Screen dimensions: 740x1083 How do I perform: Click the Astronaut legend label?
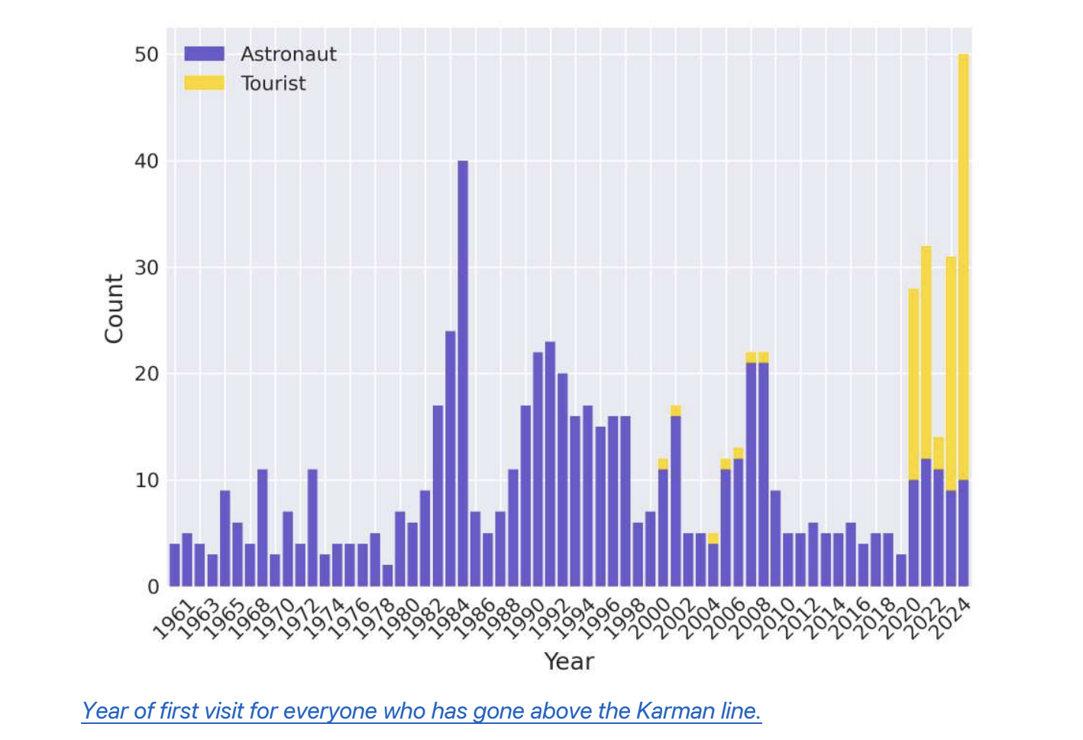288,54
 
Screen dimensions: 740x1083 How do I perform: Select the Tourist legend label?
273,83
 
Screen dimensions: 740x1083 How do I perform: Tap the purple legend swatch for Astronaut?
204,54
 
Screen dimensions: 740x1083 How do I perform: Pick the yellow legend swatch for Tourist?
204,83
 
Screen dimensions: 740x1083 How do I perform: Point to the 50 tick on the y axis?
147,54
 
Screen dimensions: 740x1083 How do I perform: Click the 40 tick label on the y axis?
147,161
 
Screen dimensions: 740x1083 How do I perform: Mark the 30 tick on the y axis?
147,268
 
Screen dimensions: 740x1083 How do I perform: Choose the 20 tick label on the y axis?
147,374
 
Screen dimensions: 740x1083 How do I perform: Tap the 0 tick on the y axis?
153,586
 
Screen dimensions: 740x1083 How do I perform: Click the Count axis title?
114,309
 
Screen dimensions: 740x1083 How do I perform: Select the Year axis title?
568,661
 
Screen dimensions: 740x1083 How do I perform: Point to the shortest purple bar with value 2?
388,576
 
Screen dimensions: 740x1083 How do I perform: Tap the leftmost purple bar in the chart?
175,565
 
